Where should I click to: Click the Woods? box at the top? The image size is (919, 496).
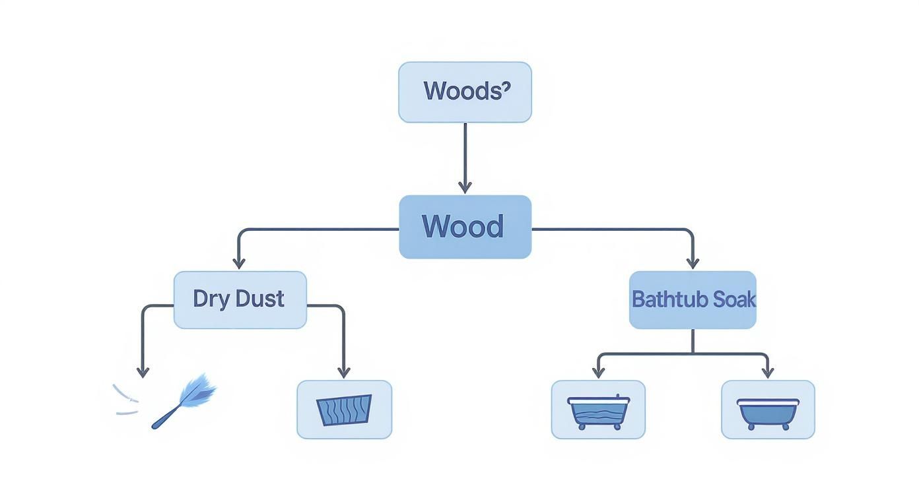pyautogui.click(x=465, y=92)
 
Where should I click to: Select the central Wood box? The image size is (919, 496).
pyautogui.click(x=465, y=226)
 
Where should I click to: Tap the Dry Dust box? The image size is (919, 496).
pyautogui.click(x=240, y=299)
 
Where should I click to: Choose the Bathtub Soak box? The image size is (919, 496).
pyautogui.click(x=693, y=299)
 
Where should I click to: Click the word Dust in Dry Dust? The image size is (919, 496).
pyautogui.click(x=260, y=299)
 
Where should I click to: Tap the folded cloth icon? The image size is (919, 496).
pyautogui.click(x=344, y=410)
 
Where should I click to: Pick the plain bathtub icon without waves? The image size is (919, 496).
pyautogui.click(x=768, y=412)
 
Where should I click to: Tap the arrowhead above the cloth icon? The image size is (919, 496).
pyautogui.click(x=343, y=372)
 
